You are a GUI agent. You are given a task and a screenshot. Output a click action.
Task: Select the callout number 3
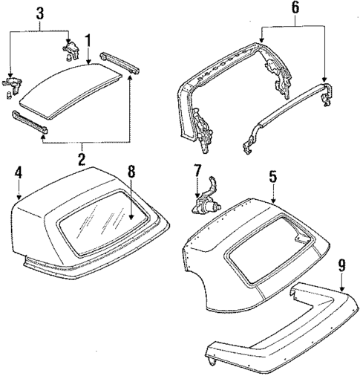click(x=39, y=13)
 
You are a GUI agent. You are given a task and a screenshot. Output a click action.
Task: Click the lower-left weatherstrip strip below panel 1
click(x=30, y=122)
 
